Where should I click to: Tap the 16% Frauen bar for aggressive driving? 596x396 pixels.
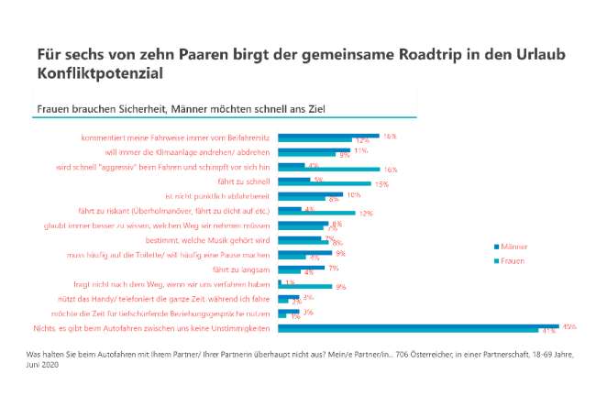(x=329, y=170)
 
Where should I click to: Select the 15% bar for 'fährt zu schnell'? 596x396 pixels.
(x=324, y=184)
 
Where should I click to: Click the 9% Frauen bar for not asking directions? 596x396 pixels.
(x=305, y=287)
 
